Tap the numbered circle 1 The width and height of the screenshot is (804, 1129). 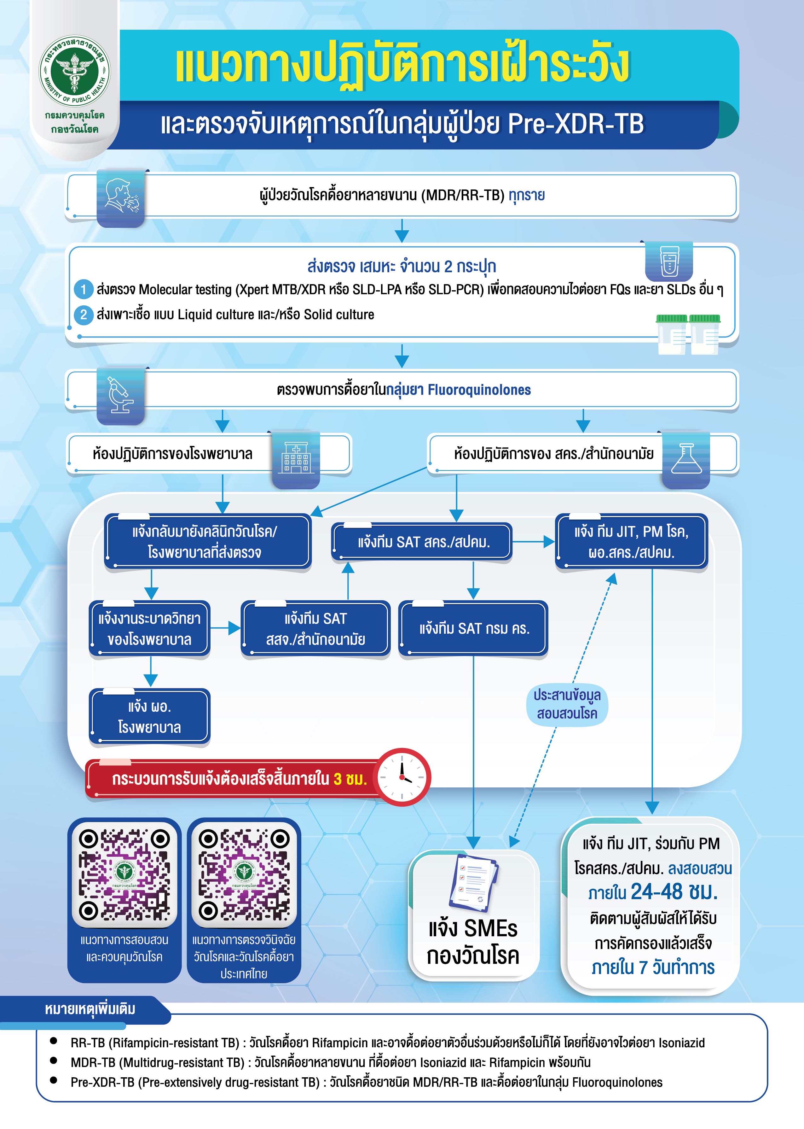(84, 289)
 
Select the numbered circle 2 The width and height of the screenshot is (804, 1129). (84, 315)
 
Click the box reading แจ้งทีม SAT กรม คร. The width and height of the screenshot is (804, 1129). (474, 629)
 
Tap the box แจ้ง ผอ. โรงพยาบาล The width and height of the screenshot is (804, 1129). (149, 717)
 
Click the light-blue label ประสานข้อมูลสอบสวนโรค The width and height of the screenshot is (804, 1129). (567, 704)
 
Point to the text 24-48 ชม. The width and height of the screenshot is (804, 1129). (674, 892)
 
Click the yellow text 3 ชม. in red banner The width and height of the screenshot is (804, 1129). (350, 779)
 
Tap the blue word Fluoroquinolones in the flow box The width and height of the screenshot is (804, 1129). (479, 390)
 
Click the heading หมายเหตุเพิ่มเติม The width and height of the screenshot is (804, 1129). (90, 1009)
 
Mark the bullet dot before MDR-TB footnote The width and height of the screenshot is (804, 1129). (54, 1060)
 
